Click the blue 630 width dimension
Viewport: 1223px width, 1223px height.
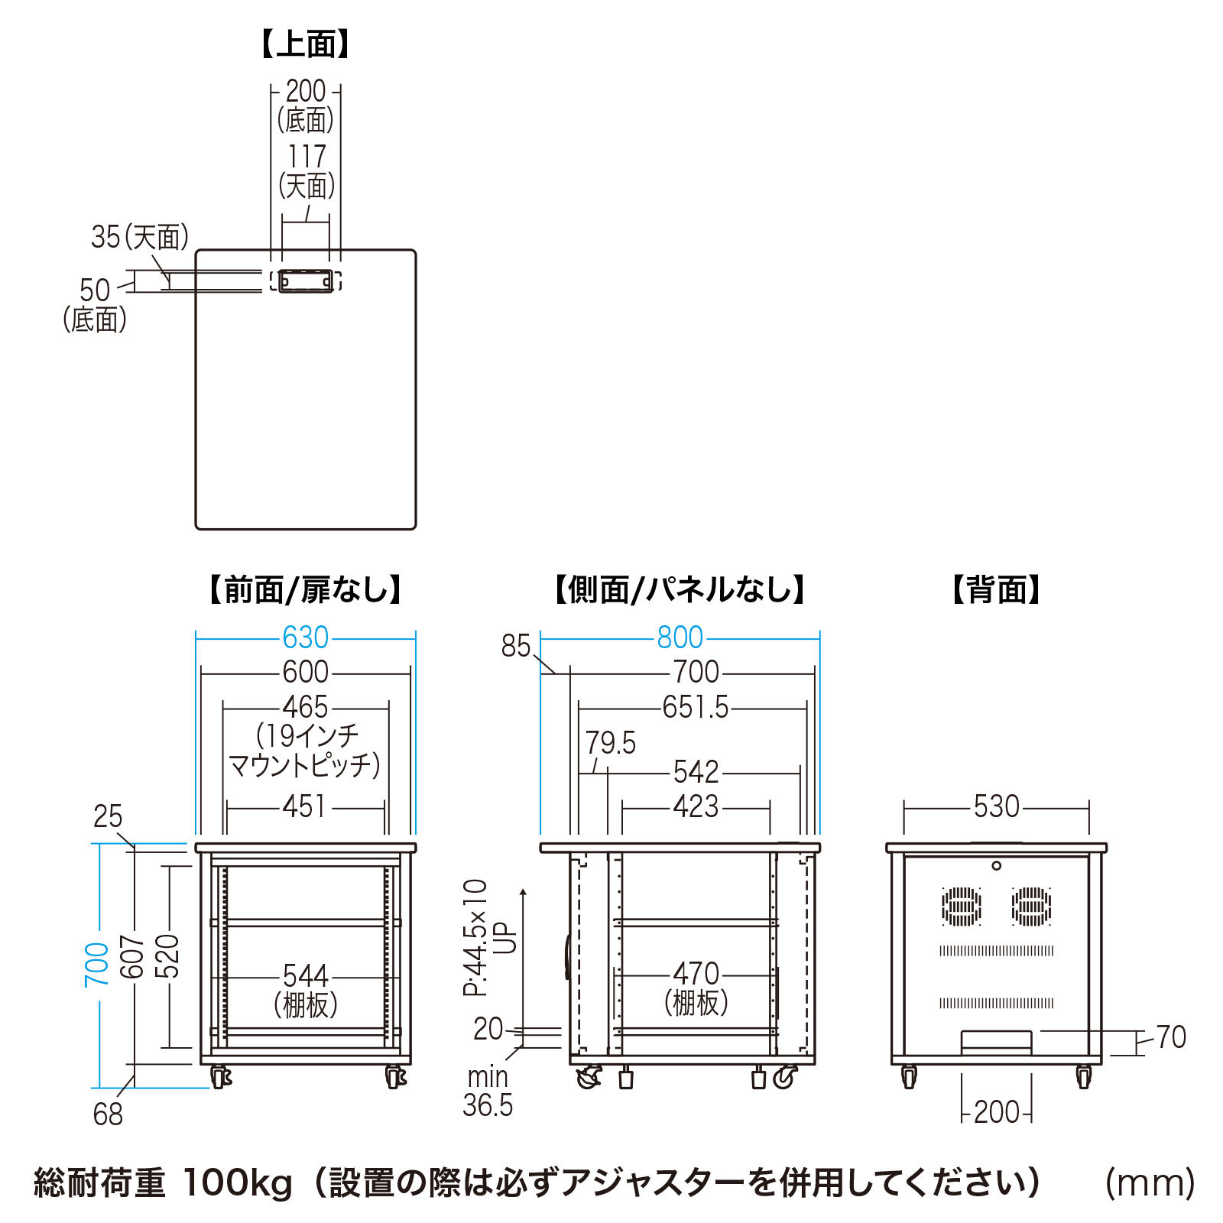(305, 637)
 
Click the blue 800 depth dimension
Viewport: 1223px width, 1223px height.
(680, 637)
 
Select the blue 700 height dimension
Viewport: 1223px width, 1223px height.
(97, 964)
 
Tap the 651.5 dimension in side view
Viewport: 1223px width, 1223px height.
(696, 707)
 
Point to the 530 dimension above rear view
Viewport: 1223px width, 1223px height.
(996, 806)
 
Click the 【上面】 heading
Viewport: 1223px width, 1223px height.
(305, 44)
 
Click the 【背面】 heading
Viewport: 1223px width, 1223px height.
(996, 590)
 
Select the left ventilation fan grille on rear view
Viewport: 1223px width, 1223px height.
(961, 906)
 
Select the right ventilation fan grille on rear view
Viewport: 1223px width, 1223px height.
(1031, 906)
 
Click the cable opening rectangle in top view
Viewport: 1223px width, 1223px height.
(306, 281)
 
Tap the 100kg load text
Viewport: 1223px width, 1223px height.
(238, 1182)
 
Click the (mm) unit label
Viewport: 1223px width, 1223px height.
(1150, 1182)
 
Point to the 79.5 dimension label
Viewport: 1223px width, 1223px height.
(610, 743)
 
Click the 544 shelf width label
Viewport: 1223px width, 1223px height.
(305, 976)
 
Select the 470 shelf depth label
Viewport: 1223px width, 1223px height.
(696, 975)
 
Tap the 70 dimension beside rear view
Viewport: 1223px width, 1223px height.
(1170, 1037)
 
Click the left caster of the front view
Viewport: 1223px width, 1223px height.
(220, 1077)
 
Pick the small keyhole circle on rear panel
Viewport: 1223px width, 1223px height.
(996, 866)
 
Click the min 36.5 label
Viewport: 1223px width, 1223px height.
(488, 1091)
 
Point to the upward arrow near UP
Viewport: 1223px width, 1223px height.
(523, 893)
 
